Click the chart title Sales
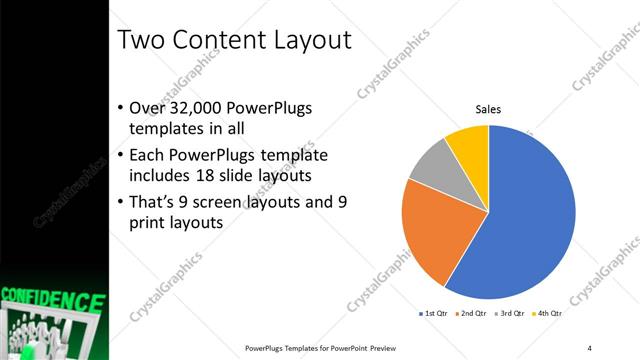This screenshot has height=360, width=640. [x=488, y=109]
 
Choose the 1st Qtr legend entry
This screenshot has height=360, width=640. [x=433, y=313]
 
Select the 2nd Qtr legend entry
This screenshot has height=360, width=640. [x=472, y=313]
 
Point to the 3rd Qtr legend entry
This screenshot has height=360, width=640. [x=511, y=313]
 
